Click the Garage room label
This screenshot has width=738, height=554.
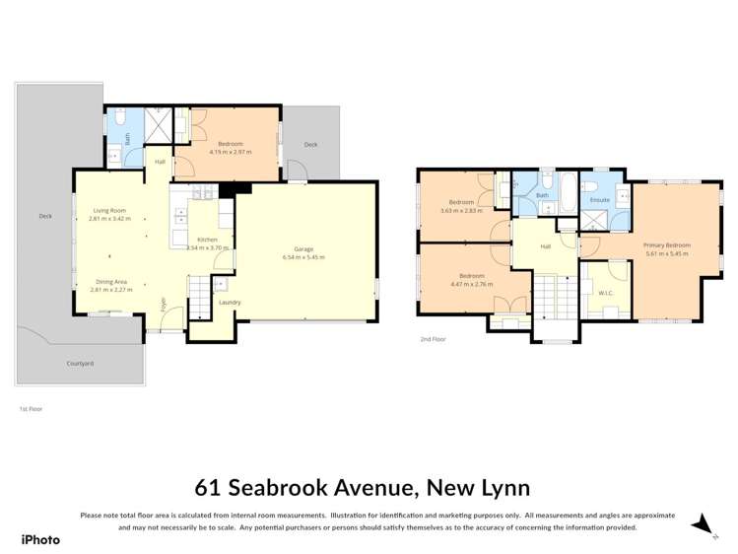tap(302, 249)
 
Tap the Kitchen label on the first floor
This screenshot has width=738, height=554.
tap(206, 241)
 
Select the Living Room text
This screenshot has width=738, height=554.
tap(109, 210)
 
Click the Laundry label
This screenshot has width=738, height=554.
tap(230, 303)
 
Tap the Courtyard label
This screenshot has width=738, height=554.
tap(80, 364)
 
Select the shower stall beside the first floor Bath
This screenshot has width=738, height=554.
tap(157, 125)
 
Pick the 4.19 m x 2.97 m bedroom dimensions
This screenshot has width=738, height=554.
tap(231, 153)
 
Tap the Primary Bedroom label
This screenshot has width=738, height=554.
tap(667, 244)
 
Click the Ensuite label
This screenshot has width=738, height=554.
tap(599, 200)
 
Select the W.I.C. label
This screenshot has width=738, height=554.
tap(605, 293)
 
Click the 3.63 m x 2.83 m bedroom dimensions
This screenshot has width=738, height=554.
tap(463, 210)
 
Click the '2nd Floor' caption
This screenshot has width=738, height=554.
tap(433, 339)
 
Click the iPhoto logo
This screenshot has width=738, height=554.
tap(40, 539)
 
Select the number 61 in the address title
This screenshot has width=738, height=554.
tap(208, 488)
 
